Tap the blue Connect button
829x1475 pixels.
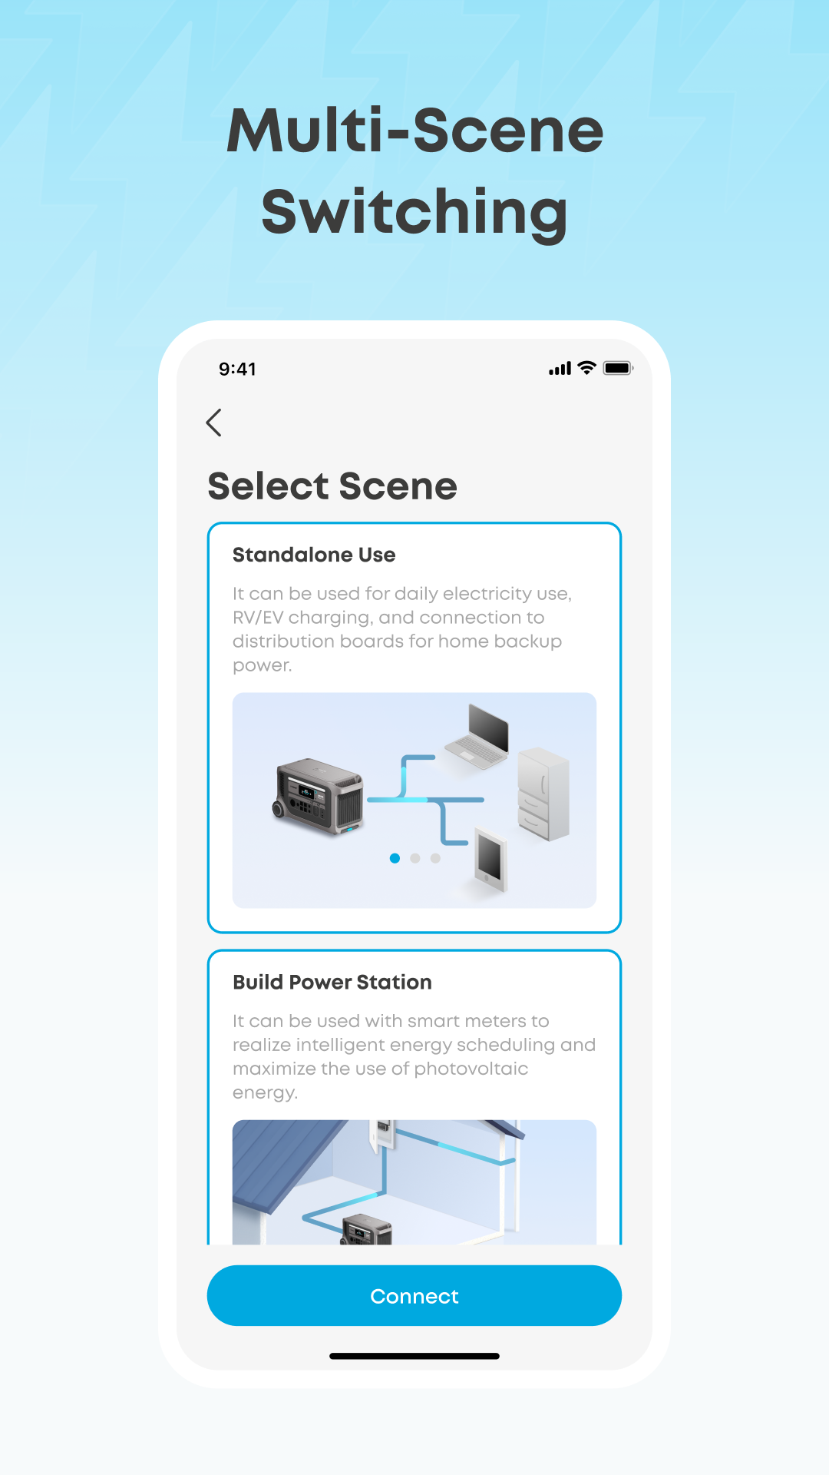[x=414, y=1295]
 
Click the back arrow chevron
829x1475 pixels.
[x=214, y=423]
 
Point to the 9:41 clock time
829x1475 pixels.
[x=237, y=369]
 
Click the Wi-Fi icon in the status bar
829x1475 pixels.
[x=586, y=368]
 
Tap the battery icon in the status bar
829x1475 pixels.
[x=618, y=368]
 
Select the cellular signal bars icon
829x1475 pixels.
[x=560, y=369]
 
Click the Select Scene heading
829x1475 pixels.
[x=332, y=486]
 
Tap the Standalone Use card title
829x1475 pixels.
[x=314, y=555]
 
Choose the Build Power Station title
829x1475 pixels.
[x=332, y=982]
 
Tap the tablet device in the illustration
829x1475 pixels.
[x=491, y=859]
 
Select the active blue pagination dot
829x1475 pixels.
[x=395, y=858]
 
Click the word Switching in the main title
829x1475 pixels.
[x=414, y=212]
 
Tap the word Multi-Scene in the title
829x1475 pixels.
[x=414, y=131]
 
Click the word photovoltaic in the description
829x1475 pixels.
[x=471, y=1069]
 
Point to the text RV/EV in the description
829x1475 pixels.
[x=258, y=618]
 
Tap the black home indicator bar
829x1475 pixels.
[x=414, y=1356]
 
